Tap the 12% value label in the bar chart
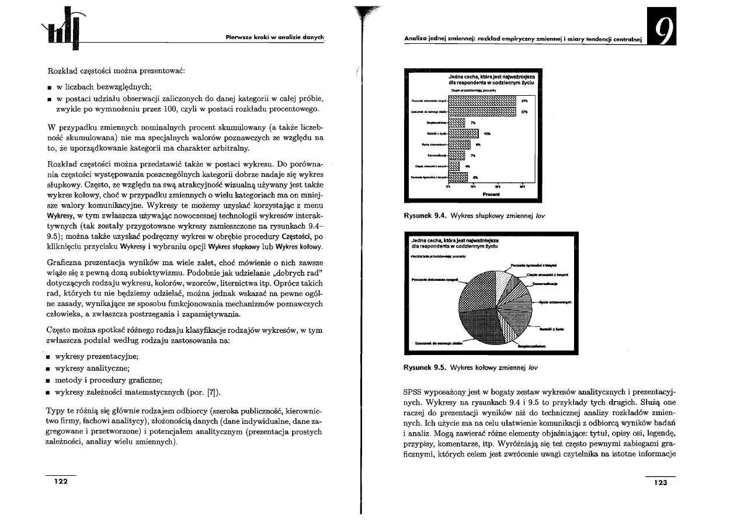(486, 134)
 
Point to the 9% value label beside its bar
(478, 144)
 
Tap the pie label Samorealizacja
(545, 284)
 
